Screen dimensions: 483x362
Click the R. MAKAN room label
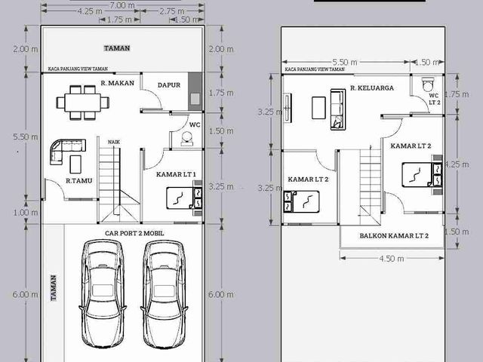click(118, 83)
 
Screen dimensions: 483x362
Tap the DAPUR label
click(169, 85)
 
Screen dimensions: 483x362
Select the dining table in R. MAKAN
click(83, 103)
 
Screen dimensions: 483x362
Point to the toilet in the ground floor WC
click(187, 139)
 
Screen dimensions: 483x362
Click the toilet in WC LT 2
click(428, 84)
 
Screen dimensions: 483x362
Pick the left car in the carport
click(103, 294)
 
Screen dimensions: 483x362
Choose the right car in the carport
click(164, 294)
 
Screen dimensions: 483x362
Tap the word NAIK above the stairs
click(114, 142)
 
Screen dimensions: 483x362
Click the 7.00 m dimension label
click(122, 5)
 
